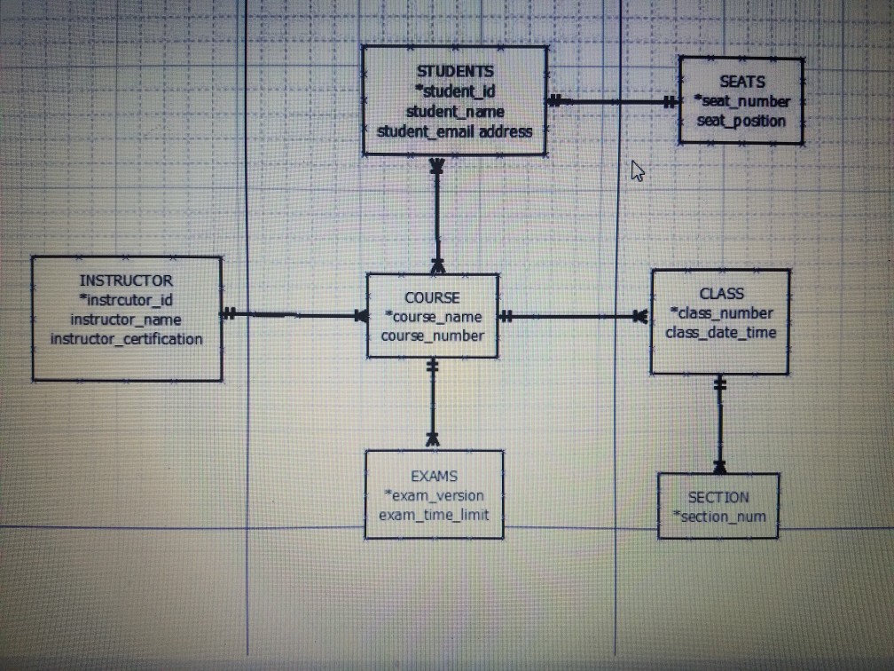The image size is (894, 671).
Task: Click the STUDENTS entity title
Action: pyautogui.click(x=455, y=71)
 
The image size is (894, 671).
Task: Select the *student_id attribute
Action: pyautogui.click(x=455, y=91)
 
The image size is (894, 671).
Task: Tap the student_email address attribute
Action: pyautogui.click(x=454, y=131)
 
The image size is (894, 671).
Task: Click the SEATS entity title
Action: pyautogui.click(x=741, y=82)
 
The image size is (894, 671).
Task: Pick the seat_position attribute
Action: pyautogui.click(x=741, y=121)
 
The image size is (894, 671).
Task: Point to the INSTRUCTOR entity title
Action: pyautogui.click(x=126, y=280)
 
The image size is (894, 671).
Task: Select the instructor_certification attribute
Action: pyautogui.click(x=127, y=339)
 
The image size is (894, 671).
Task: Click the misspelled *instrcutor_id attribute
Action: pyautogui.click(x=126, y=300)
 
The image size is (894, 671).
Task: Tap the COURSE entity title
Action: pyautogui.click(x=432, y=298)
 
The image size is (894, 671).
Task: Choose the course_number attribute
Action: pyautogui.click(x=432, y=336)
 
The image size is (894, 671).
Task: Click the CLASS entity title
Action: pyautogui.click(x=721, y=294)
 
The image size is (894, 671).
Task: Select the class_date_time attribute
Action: pyautogui.click(x=721, y=333)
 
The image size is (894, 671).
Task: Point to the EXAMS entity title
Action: pyautogui.click(x=434, y=477)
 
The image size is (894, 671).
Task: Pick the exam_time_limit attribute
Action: pyautogui.click(x=434, y=515)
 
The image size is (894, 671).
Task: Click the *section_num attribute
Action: pyautogui.click(x=719, y=517)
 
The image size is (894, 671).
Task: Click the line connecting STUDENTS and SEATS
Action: pyautogui.click(x=613, y=102)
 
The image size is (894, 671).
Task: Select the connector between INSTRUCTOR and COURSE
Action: pyautogui.click(x=294, y=314)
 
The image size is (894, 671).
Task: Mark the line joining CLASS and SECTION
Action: pyautogui.click(x=719, y=424)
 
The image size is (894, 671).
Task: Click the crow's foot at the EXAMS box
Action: pyautogui.click(x=433, y=440)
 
